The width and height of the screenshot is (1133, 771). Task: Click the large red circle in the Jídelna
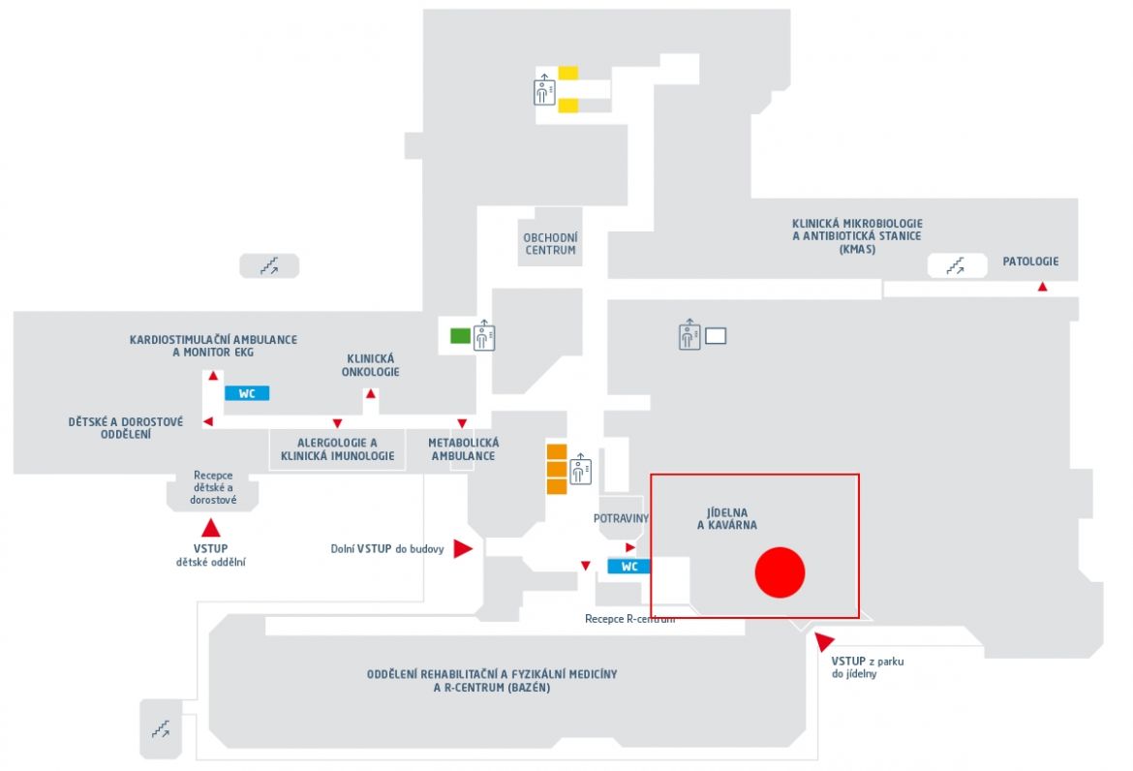tap(780, 572)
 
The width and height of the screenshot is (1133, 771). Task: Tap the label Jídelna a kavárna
tap(727, 519)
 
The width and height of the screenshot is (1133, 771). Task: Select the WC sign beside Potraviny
tap(628, 567)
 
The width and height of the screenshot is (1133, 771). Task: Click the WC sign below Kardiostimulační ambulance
tap(247, 393)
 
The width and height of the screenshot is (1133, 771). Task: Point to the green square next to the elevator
tap(460, 335)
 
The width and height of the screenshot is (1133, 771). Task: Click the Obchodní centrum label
tap(551, 243)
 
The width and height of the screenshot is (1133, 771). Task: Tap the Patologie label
tap(1030, 262)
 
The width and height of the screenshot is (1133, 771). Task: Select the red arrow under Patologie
tap(1043, 287)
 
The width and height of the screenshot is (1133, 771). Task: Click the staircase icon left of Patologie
tap(956, 266)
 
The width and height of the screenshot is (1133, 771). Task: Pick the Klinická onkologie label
tap(371, 365)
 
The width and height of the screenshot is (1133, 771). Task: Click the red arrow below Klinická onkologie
tap(371, 394)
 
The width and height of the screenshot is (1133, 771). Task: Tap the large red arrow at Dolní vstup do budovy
tap(463, 548)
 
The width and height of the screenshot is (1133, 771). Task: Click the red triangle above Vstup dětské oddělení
tap(210, 528)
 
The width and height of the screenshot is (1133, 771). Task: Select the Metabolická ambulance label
tap(463, 448)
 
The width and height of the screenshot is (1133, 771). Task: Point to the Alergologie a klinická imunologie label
tap(337, 448)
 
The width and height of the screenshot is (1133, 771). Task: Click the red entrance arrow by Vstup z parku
tap(823, 640)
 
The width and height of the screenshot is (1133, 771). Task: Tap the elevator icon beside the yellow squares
tap(545, 90)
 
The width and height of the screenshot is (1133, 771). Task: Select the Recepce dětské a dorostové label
tap(213, 487)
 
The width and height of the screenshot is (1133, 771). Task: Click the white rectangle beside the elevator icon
tap(716, 336)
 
